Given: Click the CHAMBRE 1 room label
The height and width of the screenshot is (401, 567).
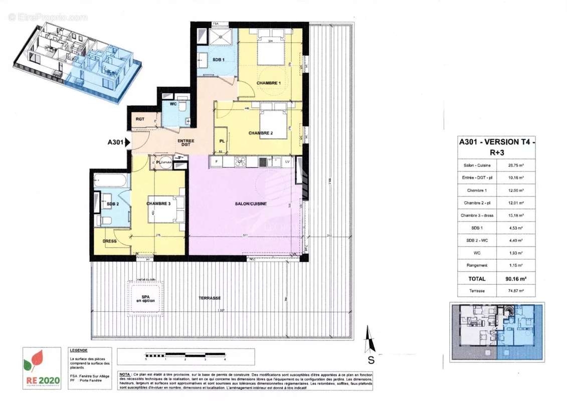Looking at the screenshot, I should click(269, 83).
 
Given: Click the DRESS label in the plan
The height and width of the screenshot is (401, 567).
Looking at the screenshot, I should click(109, 241).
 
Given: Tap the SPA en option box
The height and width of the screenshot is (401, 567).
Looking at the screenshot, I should click(145, 298).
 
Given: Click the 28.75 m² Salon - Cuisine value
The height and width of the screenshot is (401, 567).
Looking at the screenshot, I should click(518, 165).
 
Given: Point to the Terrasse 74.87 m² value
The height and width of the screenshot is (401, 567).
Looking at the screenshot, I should click(518, 290).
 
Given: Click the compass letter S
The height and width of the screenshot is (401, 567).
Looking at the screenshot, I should click(371, 359).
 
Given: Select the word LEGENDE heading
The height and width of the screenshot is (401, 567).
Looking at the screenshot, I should click(79, 350).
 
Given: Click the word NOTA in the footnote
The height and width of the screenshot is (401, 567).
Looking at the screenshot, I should click(126, 374).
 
